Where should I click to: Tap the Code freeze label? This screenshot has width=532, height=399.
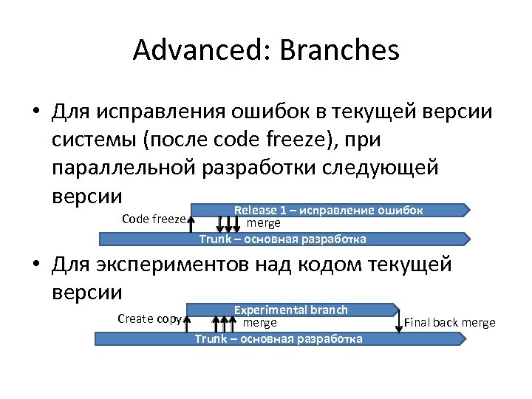coord(153,219)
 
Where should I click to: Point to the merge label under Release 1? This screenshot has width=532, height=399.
coord(263,222)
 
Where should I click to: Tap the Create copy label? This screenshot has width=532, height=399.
coord(149,318)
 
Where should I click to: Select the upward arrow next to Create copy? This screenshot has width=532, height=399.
coord(188,320)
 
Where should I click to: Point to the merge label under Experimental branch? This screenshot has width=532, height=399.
coord(260,323)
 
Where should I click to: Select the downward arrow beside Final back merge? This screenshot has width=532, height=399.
coord(399,320)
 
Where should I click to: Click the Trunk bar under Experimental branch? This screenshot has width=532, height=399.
coord(279,338)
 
